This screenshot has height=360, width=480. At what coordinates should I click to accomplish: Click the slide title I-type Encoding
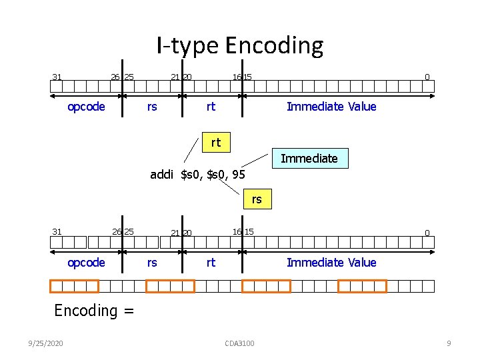pyautogui.click(x=240, y=45)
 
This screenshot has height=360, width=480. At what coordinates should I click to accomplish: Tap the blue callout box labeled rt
pyautogui.click(x=215, y=142)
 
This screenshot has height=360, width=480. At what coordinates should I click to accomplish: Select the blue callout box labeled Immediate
pyautogui.click(x=309, y=159)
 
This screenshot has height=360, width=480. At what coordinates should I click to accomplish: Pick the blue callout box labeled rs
pyautogui.click(x=257, y=199)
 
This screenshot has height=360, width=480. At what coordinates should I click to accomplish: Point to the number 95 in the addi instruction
pyautogui.click(x=238, y=175)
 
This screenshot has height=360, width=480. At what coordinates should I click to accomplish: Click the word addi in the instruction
pyautogui.click(x=162, y=175)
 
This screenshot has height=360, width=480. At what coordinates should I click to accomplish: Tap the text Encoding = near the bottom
pyautogui.click(x=94, y=310)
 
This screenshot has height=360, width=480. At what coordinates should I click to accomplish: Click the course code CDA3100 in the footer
pyautogui.click(x=240, y=343)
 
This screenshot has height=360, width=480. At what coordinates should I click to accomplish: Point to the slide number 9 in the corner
pyautogui.click(x=449, y=343)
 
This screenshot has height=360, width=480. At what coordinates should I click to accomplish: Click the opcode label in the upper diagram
pyautogui.click(x=86, y=107)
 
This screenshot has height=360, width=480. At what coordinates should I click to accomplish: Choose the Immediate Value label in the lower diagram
pyautogui.click(x=331, y=263)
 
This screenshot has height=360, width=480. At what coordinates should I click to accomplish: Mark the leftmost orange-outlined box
pyautogui.click(x=74, y=286)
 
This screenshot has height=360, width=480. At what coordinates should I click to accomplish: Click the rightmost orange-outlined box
pyautogui.click(x=362, y=286)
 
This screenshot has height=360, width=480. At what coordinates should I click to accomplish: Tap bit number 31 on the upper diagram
pyautogui.click(x=57, y=77)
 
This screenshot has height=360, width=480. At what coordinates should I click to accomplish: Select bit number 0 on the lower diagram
pyautogui.click(x=427, y=233)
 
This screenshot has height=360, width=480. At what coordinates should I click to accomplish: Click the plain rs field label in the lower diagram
pyautogui.click(x=152, y=263)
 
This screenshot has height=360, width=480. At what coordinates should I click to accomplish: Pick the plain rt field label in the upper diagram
pyautogui.click(x=211, y=107)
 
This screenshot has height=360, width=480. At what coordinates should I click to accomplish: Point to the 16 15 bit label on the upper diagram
pyautogui.click(x=242, y=77)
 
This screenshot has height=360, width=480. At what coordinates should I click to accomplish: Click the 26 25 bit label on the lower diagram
pyautogui.click(x=123, y=232)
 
